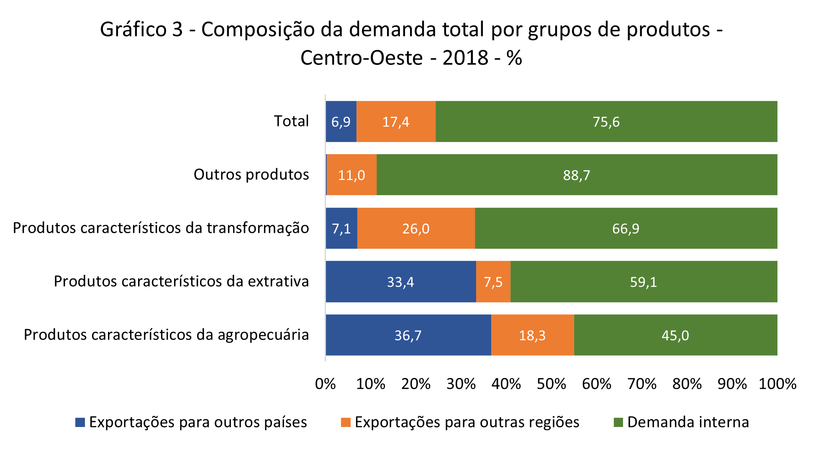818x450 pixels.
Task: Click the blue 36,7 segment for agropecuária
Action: (408, 335)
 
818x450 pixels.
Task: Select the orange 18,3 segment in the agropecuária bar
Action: (532, 335)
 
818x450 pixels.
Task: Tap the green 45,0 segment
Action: (675, 335)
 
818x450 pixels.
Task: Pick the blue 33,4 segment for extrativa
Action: (400, 282)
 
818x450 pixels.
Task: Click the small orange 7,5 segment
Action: (493, 282)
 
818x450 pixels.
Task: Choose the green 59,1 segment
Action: (644, 282)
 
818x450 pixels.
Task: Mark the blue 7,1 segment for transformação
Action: (341, 228)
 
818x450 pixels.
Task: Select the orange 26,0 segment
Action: (416, 228)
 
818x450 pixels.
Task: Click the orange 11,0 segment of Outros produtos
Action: (351, 175)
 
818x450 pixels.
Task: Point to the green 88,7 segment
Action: (577, 175)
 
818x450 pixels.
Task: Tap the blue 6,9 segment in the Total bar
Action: (341, 121)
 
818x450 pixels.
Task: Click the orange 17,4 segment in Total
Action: (396, 121)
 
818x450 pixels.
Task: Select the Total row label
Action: (291, 121)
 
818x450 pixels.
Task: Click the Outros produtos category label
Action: (251, 174)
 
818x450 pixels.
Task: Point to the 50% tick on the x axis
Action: (551, 384)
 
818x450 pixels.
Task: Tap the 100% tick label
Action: (777, 384)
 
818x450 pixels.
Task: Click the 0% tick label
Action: (326, 384)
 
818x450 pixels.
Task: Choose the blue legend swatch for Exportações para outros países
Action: (80, 422)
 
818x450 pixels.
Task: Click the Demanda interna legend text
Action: (688, 422)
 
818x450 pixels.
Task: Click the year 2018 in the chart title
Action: (465, 58)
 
